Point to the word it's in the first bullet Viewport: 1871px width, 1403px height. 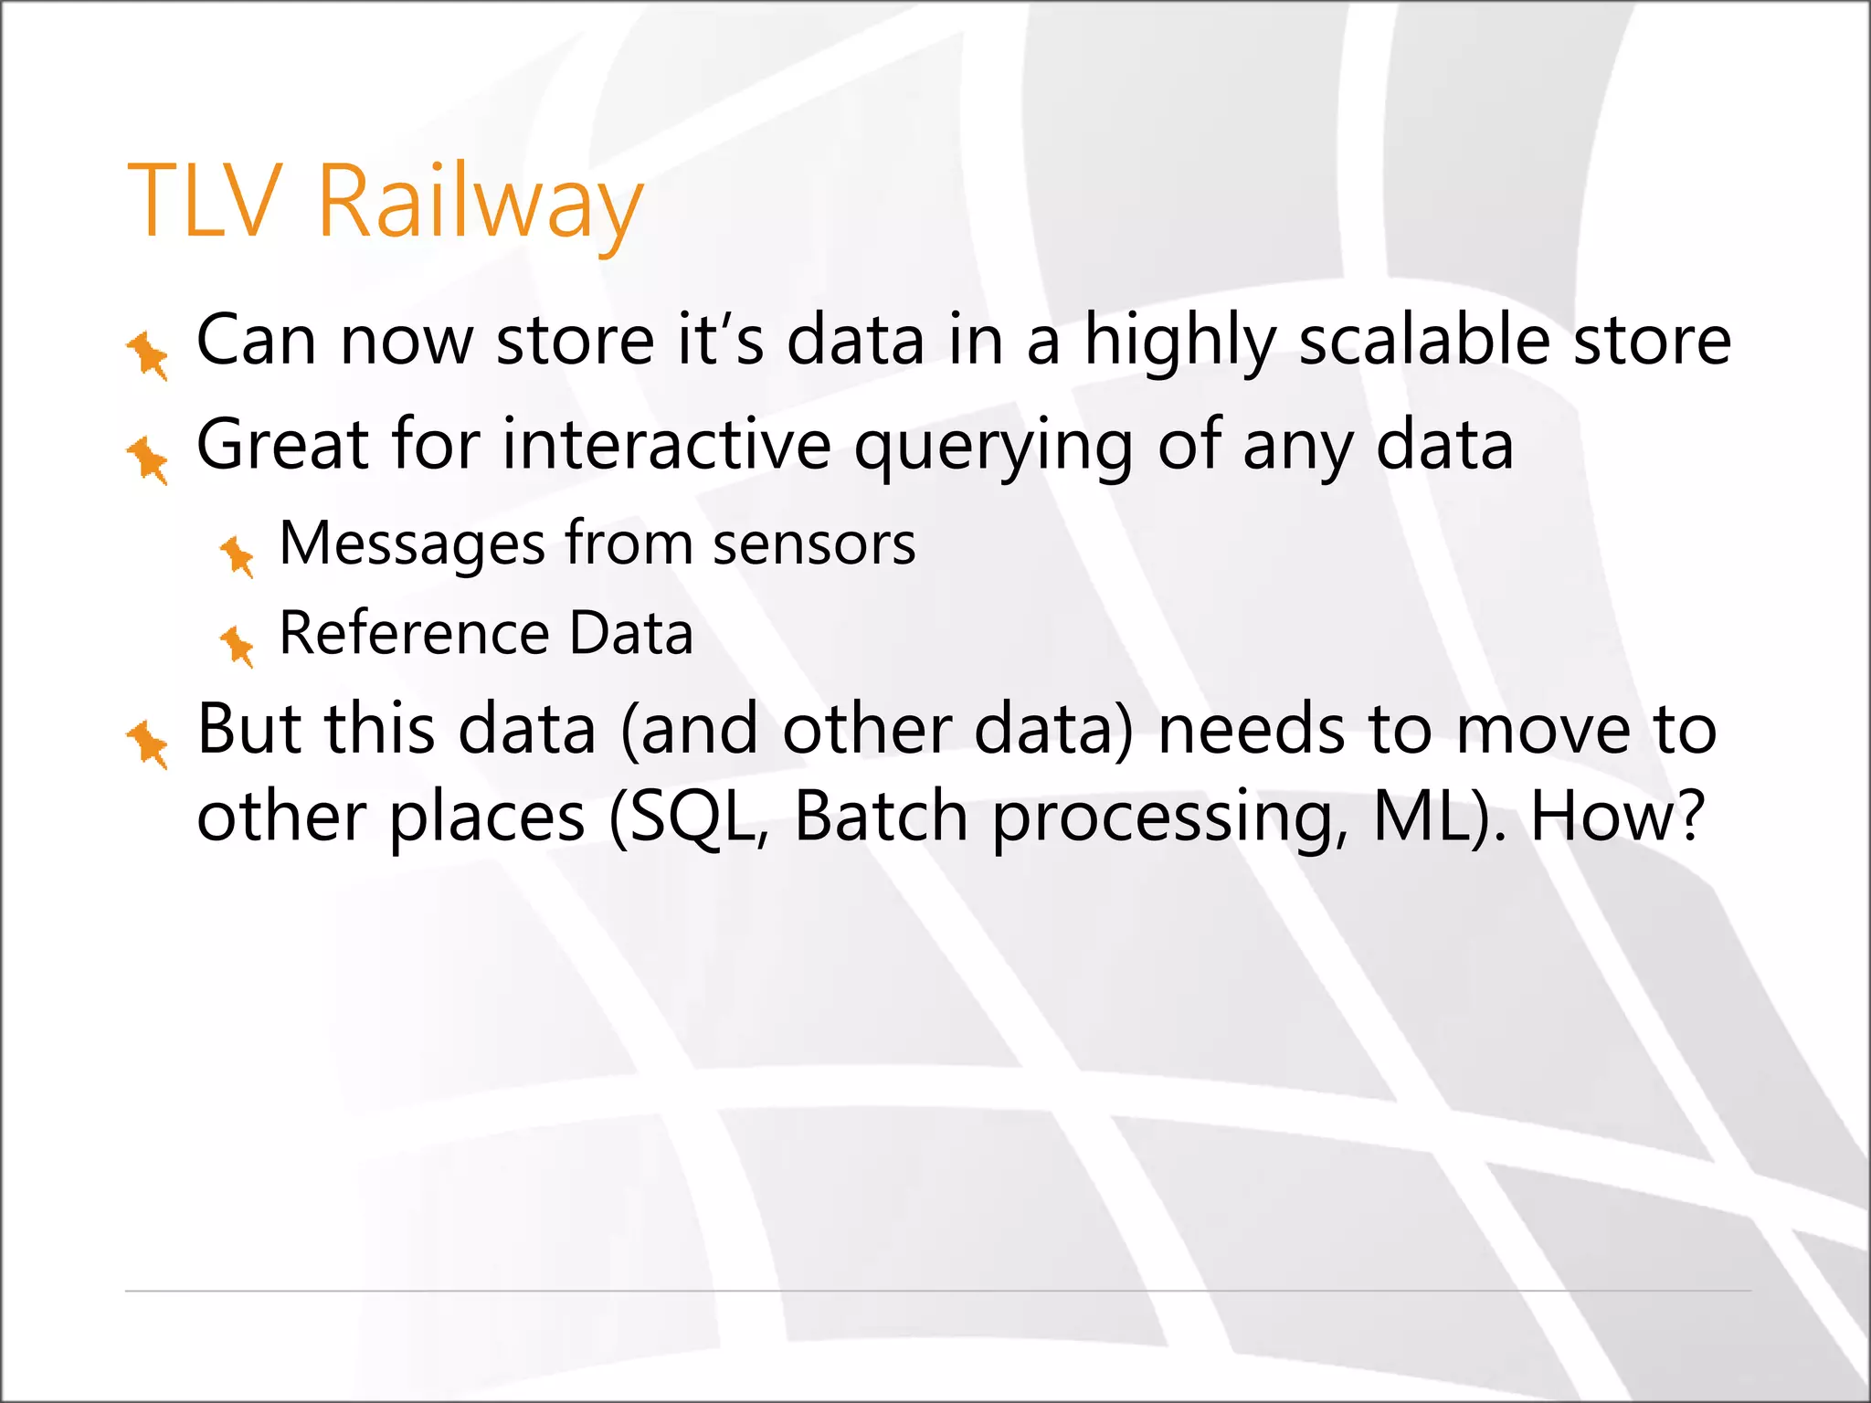tap(720, 340)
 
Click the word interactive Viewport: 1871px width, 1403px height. tap(666, 445)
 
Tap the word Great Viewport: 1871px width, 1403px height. tap(282, 445)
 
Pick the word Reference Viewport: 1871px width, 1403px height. tap(414, 633)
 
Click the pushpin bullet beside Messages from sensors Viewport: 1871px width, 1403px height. tap(238, 554)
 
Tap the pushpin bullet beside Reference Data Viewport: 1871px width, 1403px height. tap(238, 645)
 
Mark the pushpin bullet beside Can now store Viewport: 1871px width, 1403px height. tap(147, 355)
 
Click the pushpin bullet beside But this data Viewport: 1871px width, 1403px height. tap(147, 744)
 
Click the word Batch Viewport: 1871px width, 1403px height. tap(880, 817)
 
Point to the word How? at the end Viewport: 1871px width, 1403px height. tap(1616, 817)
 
